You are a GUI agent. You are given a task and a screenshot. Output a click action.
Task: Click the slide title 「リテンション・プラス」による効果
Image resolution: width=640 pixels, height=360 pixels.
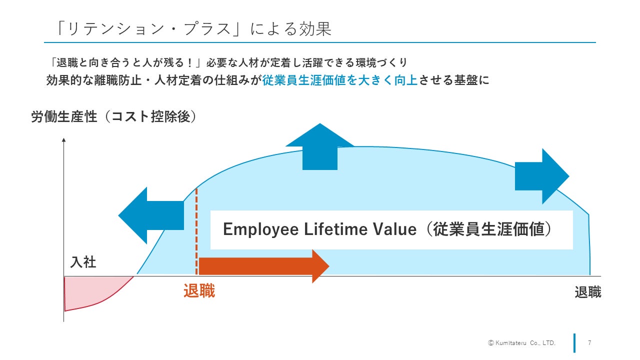point(194,28)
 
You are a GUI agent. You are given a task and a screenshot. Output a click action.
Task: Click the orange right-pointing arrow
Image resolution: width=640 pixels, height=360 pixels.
point(263,265)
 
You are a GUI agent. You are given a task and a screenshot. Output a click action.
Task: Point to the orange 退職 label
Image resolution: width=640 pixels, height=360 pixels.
point(199,291)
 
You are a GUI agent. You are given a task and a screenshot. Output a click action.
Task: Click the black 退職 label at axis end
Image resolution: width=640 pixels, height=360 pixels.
point(587,292)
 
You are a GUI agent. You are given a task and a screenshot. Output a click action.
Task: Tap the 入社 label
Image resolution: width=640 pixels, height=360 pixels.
point(83,262)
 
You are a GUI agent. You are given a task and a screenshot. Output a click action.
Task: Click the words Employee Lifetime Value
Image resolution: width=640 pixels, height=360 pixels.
point(319,229)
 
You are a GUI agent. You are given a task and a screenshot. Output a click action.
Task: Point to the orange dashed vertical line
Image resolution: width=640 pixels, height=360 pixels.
point(196,230)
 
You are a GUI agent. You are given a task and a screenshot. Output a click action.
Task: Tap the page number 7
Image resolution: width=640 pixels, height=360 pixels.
point(590,343)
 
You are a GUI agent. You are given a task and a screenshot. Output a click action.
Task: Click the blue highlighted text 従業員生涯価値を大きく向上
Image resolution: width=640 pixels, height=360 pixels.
point(339,80)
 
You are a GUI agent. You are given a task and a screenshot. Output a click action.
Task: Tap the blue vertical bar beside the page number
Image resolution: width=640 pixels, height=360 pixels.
point(574,343)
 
